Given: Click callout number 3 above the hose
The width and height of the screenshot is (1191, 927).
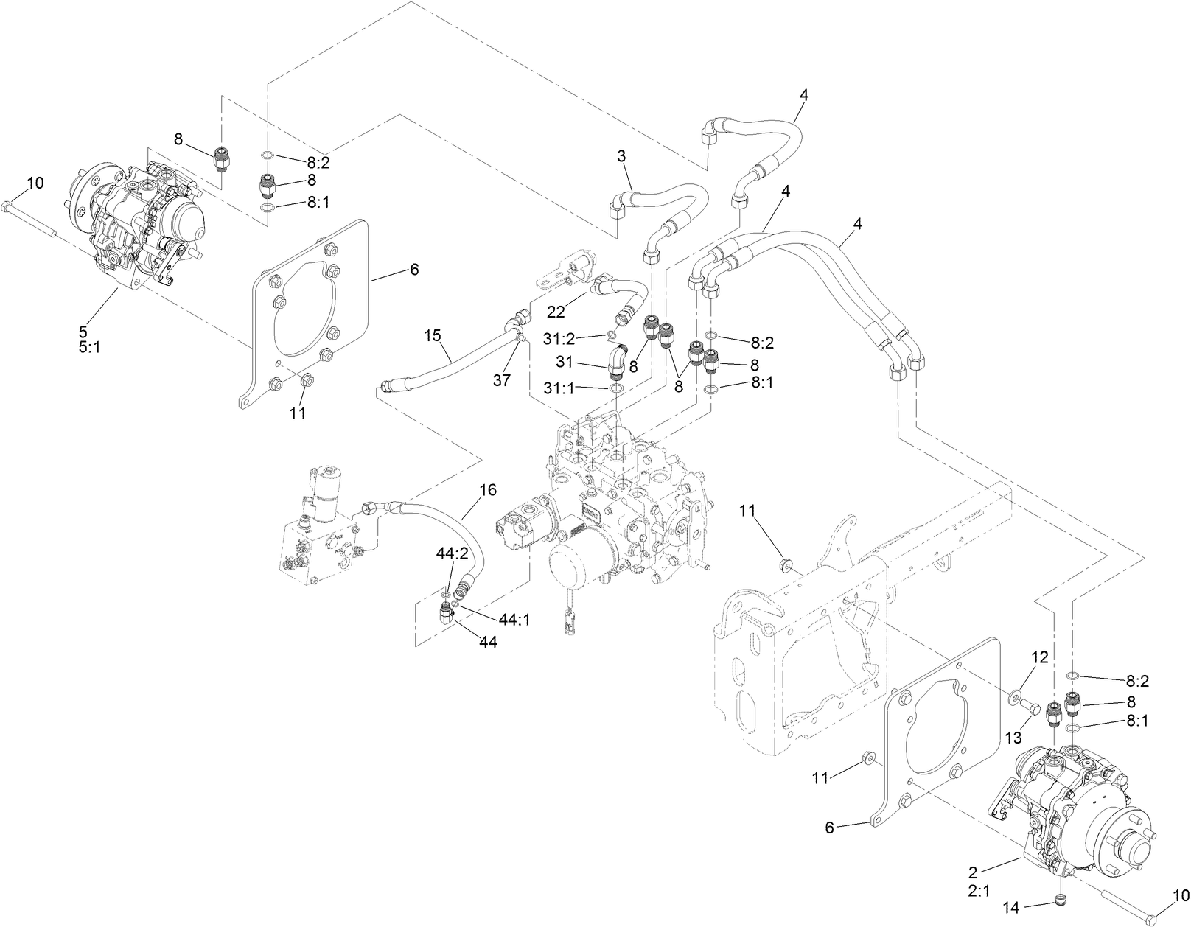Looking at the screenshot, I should pyautogui.click(x=621, y=156).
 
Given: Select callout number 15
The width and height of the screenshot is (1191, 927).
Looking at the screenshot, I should pyautogui.click(x=433, y=335).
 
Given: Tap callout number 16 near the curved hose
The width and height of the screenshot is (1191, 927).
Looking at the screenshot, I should pyautogui.click(x=488, y=489).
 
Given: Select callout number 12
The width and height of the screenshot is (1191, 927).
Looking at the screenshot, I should pyautogui.click(x=1039, y=657).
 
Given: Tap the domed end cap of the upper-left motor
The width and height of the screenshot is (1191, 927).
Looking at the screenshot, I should pyautogui.click(x=182, y=219).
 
